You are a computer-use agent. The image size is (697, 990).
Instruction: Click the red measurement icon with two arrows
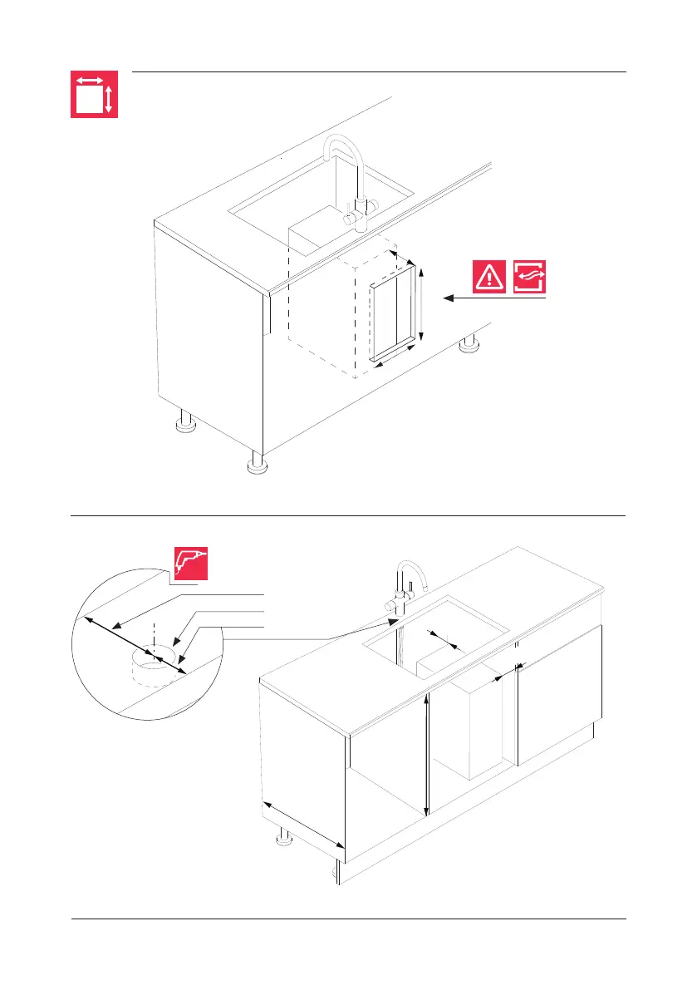click(93, 94)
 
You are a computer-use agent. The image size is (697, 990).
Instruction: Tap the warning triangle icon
click(490, 277)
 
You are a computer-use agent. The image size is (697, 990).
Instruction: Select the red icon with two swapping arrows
click(531, 277)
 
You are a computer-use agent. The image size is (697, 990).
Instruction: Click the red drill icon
click(190, 564)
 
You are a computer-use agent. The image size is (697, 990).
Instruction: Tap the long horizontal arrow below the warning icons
click(494, 298)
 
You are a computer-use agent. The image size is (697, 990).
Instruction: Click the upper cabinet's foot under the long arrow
click(470, 345)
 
